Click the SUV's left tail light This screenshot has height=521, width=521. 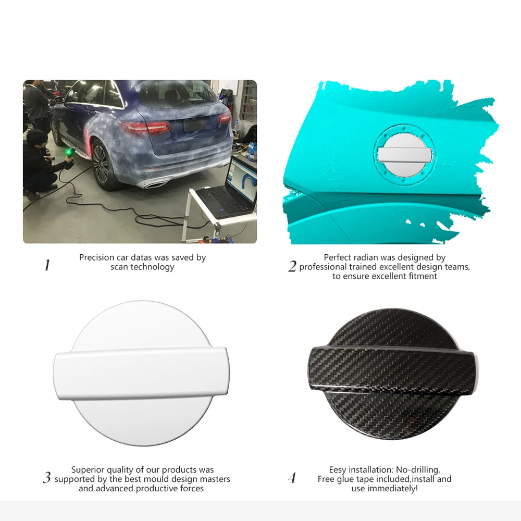[x=145, y=129]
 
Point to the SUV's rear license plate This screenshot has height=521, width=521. [x=194, y=125]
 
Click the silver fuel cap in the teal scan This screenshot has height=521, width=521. [x=404, y=155]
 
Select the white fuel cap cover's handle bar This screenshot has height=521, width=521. [x=141, y=373]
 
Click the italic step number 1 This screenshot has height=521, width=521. [x=47, y=265]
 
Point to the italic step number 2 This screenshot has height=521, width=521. [x=292, y=266]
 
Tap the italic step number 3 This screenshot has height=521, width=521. [x=47, y=477]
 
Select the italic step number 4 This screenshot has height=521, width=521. [x=292, y=478]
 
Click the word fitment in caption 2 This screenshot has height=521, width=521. [x=423, y=276]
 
